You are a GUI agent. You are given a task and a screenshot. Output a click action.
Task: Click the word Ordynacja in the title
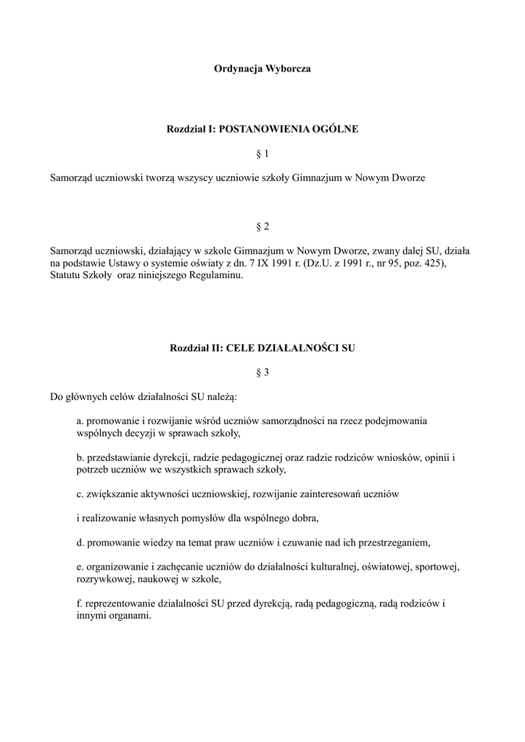(236, 70)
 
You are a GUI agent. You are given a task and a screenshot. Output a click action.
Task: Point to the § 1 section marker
(262, 154)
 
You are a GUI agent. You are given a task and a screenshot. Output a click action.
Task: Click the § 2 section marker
(262, 227)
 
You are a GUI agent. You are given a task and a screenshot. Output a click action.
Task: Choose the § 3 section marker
(262, 372)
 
